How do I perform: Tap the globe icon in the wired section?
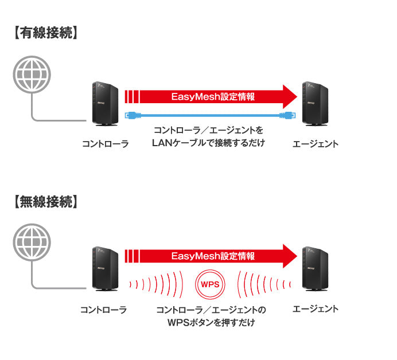32,74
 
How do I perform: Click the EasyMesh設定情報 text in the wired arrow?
213,96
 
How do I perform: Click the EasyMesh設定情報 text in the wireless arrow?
213,256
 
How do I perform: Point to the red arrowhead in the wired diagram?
290,96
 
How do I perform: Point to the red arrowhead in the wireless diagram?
290,256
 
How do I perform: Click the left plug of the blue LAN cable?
131,115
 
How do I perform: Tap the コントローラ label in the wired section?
104,144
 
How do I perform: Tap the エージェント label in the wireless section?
315,309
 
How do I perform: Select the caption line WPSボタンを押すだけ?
211,323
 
